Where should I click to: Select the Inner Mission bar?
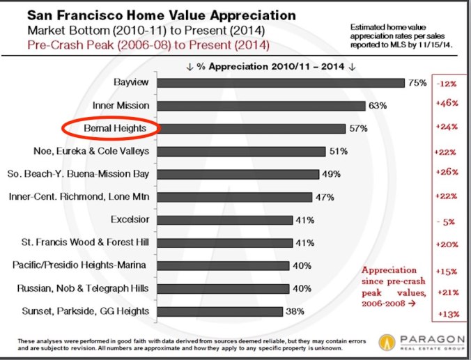pos(261,106)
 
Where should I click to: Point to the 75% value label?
pos(417,83)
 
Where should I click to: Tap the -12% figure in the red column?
pos(446,84)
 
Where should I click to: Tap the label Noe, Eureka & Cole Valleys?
pos(92,151)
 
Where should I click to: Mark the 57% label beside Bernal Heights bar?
pos(359,129)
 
